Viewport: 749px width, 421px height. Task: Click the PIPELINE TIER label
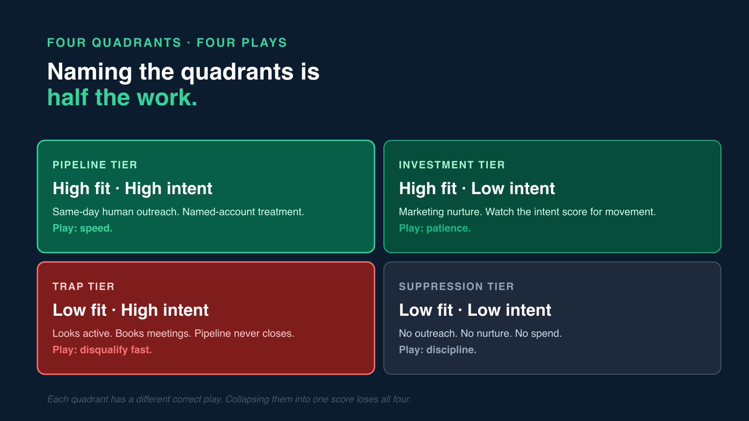[x=95, y=165]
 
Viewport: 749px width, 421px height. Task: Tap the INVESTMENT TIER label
[x=452, y=165]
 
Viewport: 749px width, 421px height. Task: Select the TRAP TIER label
[x=83, y=286]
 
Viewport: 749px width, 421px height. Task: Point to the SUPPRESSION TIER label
[x=456, y=286]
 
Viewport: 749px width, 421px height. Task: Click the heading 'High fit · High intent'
[x=132, y=189]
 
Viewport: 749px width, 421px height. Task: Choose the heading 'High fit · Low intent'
[x=477, y=189]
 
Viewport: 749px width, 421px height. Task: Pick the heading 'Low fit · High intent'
[x=131, y=310]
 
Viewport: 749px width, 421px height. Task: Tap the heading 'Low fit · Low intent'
[x=475, y=310]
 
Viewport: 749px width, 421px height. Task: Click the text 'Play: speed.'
[x=82, y=228]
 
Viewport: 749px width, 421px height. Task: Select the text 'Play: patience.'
[x=434, y=228]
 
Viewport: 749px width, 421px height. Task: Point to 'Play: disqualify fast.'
[x=102, y=350]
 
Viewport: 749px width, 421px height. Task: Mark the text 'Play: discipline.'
[x=437, y=350]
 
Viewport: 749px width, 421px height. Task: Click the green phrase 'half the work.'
[x=122, y=98]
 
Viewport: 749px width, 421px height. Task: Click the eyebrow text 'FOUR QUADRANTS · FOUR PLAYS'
[x=167, y=43]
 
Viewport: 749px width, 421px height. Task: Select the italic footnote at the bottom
[x=229, y=399]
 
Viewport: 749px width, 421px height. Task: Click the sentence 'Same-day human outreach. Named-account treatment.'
[x=178, y=212]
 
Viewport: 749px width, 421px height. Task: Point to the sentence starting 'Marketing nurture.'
[x=527, y=212]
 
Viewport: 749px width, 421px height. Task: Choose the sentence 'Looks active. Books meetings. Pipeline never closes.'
[x=173, y=334]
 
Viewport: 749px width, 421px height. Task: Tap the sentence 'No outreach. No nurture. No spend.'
[x=480, y=334]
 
